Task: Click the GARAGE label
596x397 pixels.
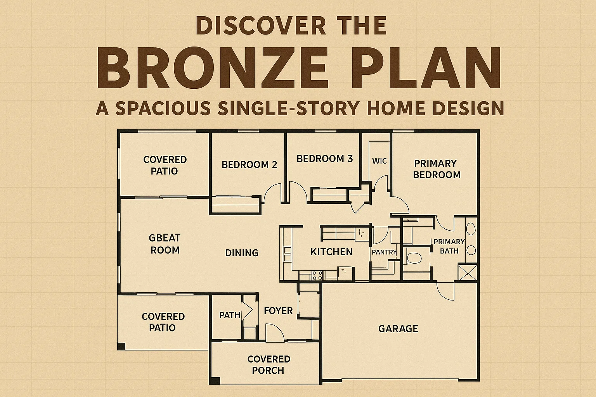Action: coord(398,329)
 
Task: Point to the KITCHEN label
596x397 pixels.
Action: coord(331,252)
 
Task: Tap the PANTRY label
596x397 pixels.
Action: coord(384,252)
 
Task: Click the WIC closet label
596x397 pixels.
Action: coord(379,161)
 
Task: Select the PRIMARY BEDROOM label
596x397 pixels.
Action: coord(436,169)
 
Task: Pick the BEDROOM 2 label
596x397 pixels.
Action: coord(249,165)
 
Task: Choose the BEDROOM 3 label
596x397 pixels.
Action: coord(324,159)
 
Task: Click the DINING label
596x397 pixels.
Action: coord(242,253)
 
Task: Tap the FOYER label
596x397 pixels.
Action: coord(278,311)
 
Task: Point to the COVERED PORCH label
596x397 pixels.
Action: coord(269,364)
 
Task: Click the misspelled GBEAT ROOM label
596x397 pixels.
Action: coord(165,244)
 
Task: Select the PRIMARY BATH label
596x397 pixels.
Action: coord(449,246)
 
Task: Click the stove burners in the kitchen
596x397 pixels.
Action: coord(317,275)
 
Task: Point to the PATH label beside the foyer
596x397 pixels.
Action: coord(230,315)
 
